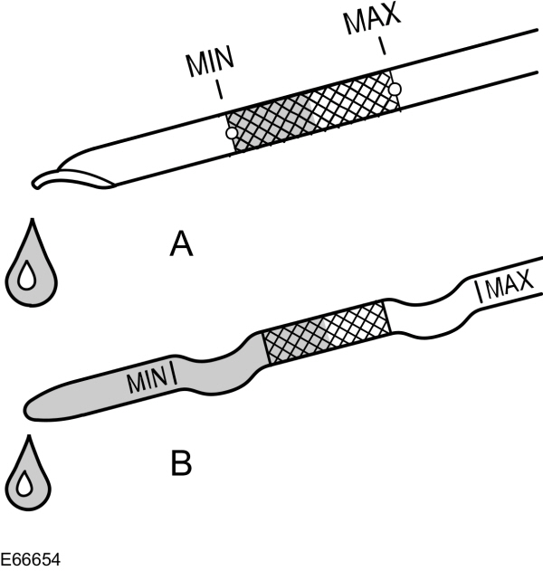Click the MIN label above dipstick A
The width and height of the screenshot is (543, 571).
pos(210,64)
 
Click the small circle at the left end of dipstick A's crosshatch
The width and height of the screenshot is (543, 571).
pos(231,134)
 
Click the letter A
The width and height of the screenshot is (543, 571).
pos(182,244)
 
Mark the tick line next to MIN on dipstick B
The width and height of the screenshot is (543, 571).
pos(173,371)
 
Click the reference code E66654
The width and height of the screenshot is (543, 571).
pos(31,560)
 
